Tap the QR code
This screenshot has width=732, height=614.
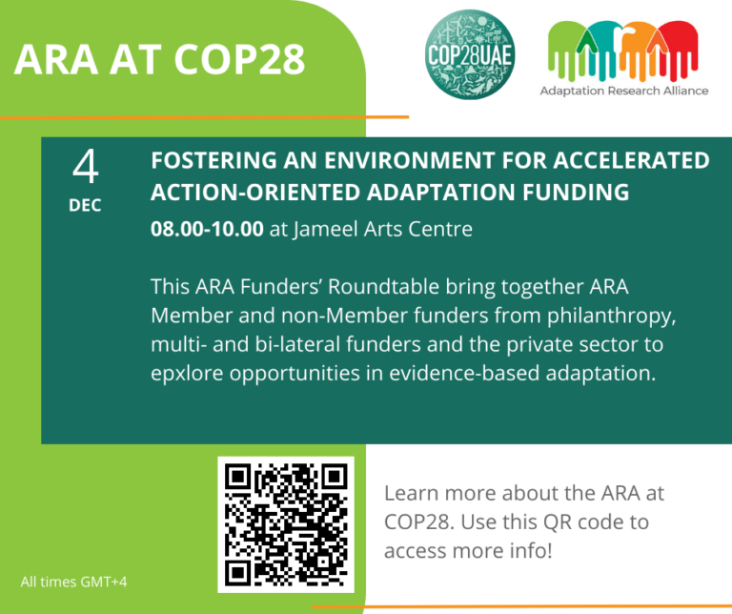click(x=286, y=525)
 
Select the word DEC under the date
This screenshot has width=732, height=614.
click(x=85, y=205)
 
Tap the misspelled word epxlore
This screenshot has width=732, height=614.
click(x=190, y=373)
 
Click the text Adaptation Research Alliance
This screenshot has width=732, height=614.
click(x=624, y=91)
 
